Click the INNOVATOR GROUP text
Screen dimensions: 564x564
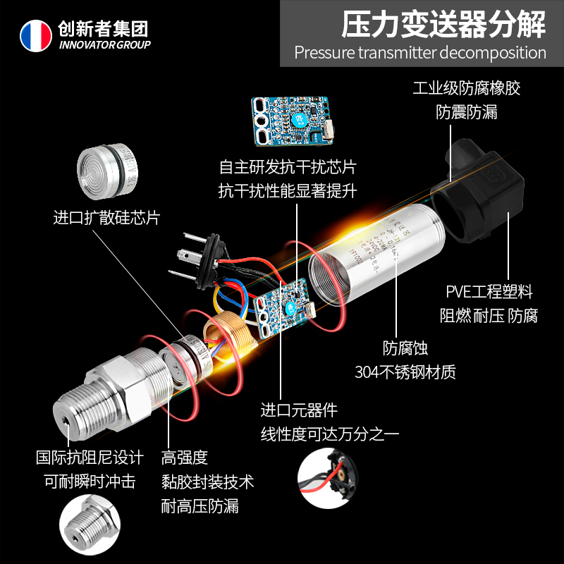pos(105,45)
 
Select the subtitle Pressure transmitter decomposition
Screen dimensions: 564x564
pos(420,53)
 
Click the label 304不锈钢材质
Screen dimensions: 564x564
pos(405,372)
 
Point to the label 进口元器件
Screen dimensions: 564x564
pos(299,410)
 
